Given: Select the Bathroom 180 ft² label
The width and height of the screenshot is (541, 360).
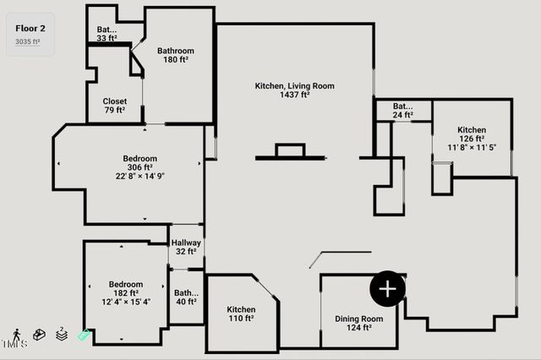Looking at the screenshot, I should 175,55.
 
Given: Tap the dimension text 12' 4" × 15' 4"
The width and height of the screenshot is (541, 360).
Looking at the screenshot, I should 125,302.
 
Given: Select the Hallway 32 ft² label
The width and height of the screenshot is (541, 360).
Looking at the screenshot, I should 186,247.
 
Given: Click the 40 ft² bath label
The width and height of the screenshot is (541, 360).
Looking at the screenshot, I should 186,297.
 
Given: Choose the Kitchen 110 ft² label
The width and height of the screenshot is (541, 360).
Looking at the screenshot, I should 241,314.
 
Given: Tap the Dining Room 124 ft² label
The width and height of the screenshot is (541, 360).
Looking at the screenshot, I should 358,323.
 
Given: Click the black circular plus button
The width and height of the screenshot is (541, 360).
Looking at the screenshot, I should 387,289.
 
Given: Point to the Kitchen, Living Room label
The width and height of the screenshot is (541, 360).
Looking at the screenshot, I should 295,85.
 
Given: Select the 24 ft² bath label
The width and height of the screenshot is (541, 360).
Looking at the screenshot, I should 402,111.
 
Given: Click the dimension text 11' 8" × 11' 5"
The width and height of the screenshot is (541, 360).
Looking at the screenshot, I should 471,148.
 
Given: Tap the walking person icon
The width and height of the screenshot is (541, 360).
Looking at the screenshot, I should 17,335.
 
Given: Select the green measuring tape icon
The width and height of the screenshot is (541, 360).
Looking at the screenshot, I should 84,335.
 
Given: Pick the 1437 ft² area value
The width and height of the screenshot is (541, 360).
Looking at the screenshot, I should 295,95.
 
